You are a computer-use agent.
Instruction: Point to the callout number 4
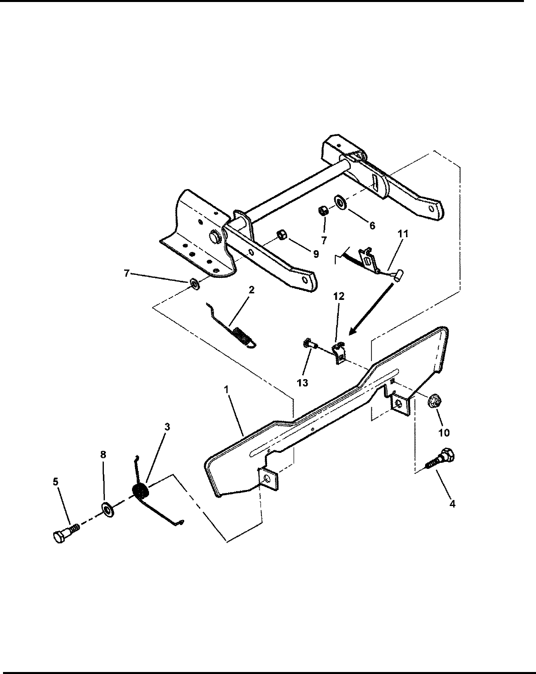pyautogui.click(x=452, y=504)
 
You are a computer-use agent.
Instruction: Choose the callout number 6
pyautogui.click(x=371, y=226)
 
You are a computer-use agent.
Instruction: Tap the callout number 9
pyautogui.click(x=316, y=254)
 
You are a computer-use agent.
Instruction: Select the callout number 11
pyautogui.click(x=404, y=234)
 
